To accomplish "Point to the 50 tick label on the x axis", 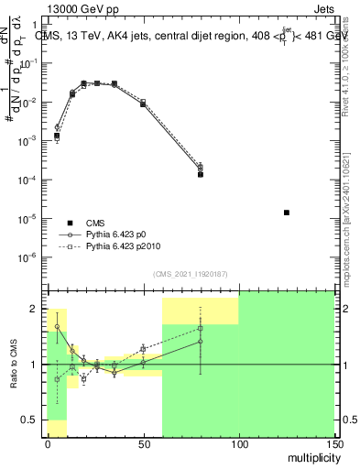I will tap(143, 442).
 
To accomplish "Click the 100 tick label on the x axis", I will tap(238, 442).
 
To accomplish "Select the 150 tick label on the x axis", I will tap(333, 442).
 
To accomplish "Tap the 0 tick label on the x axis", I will tap(48, 442).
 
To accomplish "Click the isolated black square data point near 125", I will tap(287, 213).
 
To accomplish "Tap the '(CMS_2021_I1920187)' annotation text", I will tap(191, 275).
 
